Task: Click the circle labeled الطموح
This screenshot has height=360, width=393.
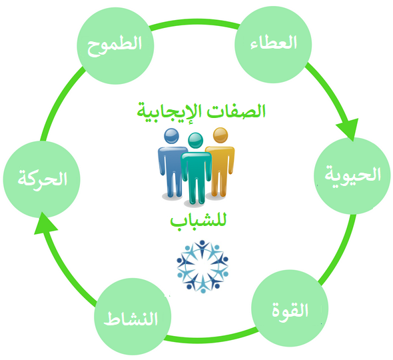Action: (x=115, y=45)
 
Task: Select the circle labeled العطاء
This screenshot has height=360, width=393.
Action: (x=273, y=45)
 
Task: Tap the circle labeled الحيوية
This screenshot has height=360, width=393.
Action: (x=352, y=176)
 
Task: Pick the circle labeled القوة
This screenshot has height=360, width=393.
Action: (x=290, y=308)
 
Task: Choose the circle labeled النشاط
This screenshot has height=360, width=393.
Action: (x=133, y=317)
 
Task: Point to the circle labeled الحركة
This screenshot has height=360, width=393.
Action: (x=41, y=179)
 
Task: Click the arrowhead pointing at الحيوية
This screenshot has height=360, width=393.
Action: (x=348, y=129)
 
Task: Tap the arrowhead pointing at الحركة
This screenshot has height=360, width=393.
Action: (x=45, y=224)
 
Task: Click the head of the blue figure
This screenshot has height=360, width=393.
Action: (x=171, y=136)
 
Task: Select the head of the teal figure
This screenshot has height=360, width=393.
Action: (x=195, y=140)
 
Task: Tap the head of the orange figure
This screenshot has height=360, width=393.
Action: (x=220, y=135)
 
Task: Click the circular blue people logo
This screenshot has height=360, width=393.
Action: (x=202, y=267)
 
